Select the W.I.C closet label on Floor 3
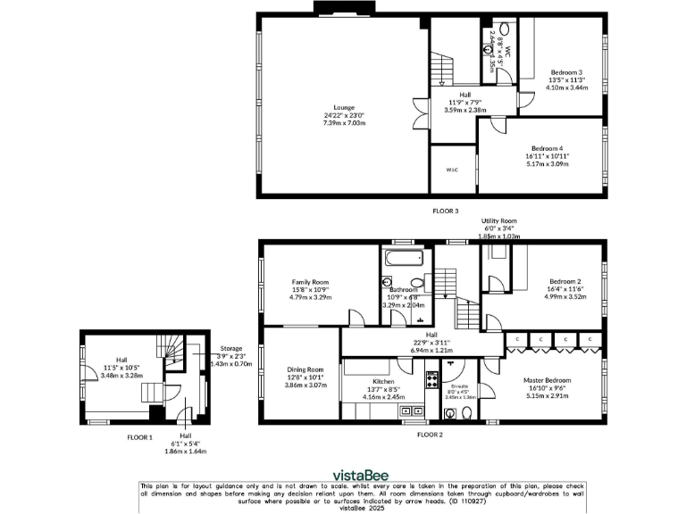tap(452, 170)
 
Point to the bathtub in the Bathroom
tap(404, 261)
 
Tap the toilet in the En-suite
tap(452, 412)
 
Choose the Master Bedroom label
tap(548, 380)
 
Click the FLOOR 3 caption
tap(445, 211)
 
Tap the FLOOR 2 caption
tap(431, 434)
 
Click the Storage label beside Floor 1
tap(231, 348)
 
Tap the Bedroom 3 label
tap(566, 71)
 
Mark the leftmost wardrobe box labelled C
tap(517, 339)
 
